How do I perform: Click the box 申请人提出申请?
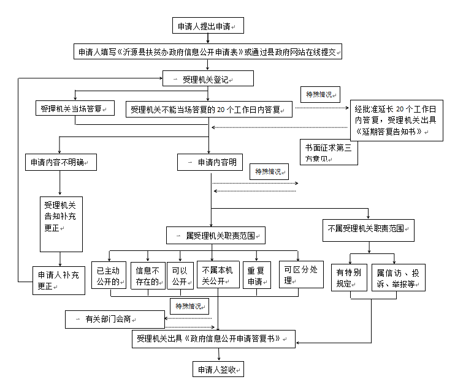point(208,26)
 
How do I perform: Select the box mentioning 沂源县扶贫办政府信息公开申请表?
point(208,52)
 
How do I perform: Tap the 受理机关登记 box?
point(208,79)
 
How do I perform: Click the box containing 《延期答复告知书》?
point(397,121)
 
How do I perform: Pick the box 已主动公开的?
point(109,275)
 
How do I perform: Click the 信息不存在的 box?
point(147,275)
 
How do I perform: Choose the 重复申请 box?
point(255,275)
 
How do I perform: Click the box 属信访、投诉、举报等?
point(398,277)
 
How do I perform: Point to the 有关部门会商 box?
point(115,319)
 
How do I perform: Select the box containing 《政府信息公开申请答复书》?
point(213,338)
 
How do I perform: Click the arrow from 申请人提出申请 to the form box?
point(208,39)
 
